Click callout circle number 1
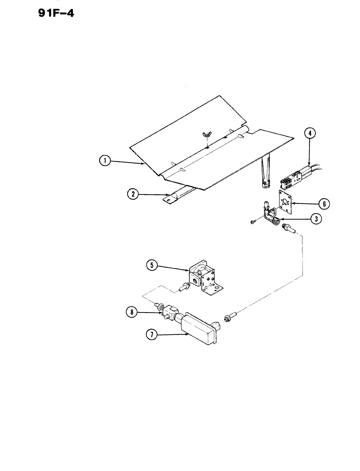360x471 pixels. tap(105, 161)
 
